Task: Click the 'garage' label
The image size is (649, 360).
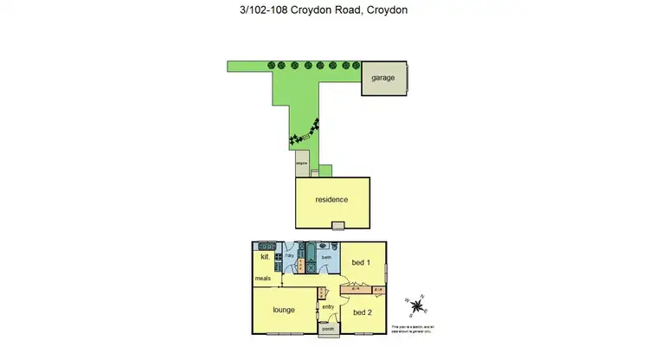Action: [383, 78]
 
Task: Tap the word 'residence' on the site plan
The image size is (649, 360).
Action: [331, 200]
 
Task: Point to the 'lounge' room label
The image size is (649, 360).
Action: [284, 310]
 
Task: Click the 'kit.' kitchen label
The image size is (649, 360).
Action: [265, 257]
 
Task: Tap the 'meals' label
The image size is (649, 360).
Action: [263, 278]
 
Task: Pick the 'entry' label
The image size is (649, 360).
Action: [328, 306]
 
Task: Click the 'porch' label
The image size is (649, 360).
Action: [328, 329]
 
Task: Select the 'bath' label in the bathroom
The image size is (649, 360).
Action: [327, 257]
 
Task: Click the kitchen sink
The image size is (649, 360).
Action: [278, 257]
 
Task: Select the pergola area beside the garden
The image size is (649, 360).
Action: [302, 164]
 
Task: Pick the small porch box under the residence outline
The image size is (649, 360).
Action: [338, 226]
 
